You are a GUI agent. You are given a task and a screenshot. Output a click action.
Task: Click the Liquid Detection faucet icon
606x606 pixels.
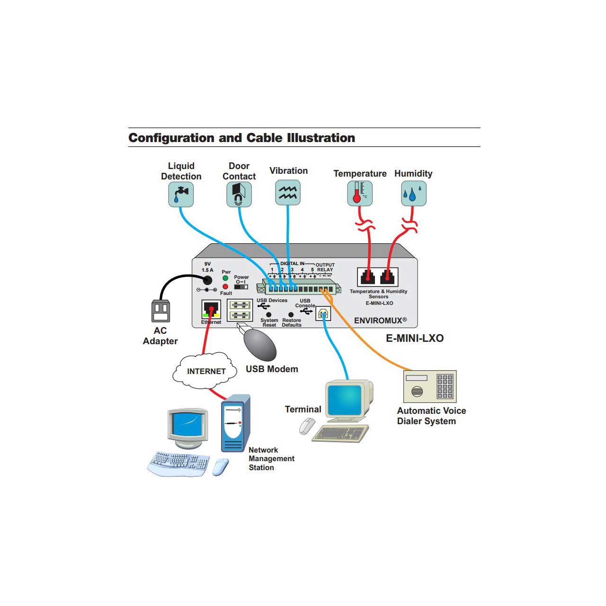181,195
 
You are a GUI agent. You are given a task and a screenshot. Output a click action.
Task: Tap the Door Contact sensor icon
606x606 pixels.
239,195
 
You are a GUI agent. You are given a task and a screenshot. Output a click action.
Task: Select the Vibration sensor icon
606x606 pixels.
288,192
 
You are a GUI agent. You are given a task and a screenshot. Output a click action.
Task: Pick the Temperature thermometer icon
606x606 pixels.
360,193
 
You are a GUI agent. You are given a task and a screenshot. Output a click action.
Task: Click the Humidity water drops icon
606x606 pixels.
413,193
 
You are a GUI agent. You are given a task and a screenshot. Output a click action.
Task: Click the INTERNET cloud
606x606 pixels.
205,371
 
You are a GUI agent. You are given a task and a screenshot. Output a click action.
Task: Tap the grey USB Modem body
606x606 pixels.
259,344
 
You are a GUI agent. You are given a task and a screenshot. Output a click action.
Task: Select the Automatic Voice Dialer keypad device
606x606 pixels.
430,386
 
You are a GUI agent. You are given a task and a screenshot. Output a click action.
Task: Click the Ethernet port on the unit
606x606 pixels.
211,310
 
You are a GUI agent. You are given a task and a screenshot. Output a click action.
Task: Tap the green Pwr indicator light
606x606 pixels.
225,278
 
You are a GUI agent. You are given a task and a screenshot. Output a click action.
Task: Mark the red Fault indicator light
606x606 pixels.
225,286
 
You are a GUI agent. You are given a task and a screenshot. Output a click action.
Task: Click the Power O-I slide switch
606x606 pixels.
241,286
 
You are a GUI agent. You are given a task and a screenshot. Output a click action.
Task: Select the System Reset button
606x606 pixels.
269,314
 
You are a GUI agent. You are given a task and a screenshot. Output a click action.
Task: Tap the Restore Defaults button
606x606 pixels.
291,314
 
